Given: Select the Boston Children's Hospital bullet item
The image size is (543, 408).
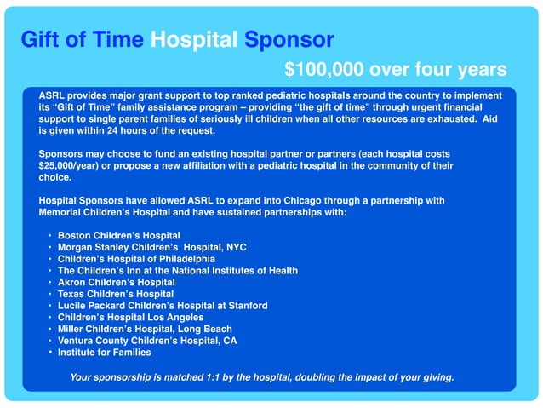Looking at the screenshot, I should (118, 234).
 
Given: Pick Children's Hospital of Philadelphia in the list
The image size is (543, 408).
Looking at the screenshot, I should (136, 258).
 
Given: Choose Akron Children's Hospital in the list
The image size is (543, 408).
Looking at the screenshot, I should (117, 282).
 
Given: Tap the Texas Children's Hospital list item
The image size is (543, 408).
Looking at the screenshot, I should (115, 294).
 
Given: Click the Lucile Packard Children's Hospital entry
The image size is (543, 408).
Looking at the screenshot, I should (163, 305).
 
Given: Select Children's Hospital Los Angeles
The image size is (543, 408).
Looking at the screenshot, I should (130, 317).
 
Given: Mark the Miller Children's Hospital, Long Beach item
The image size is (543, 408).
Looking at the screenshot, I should (145, 329).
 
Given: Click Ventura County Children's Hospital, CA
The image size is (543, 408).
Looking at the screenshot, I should (147, 341).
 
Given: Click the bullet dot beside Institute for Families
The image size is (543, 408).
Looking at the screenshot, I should (50, 352).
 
